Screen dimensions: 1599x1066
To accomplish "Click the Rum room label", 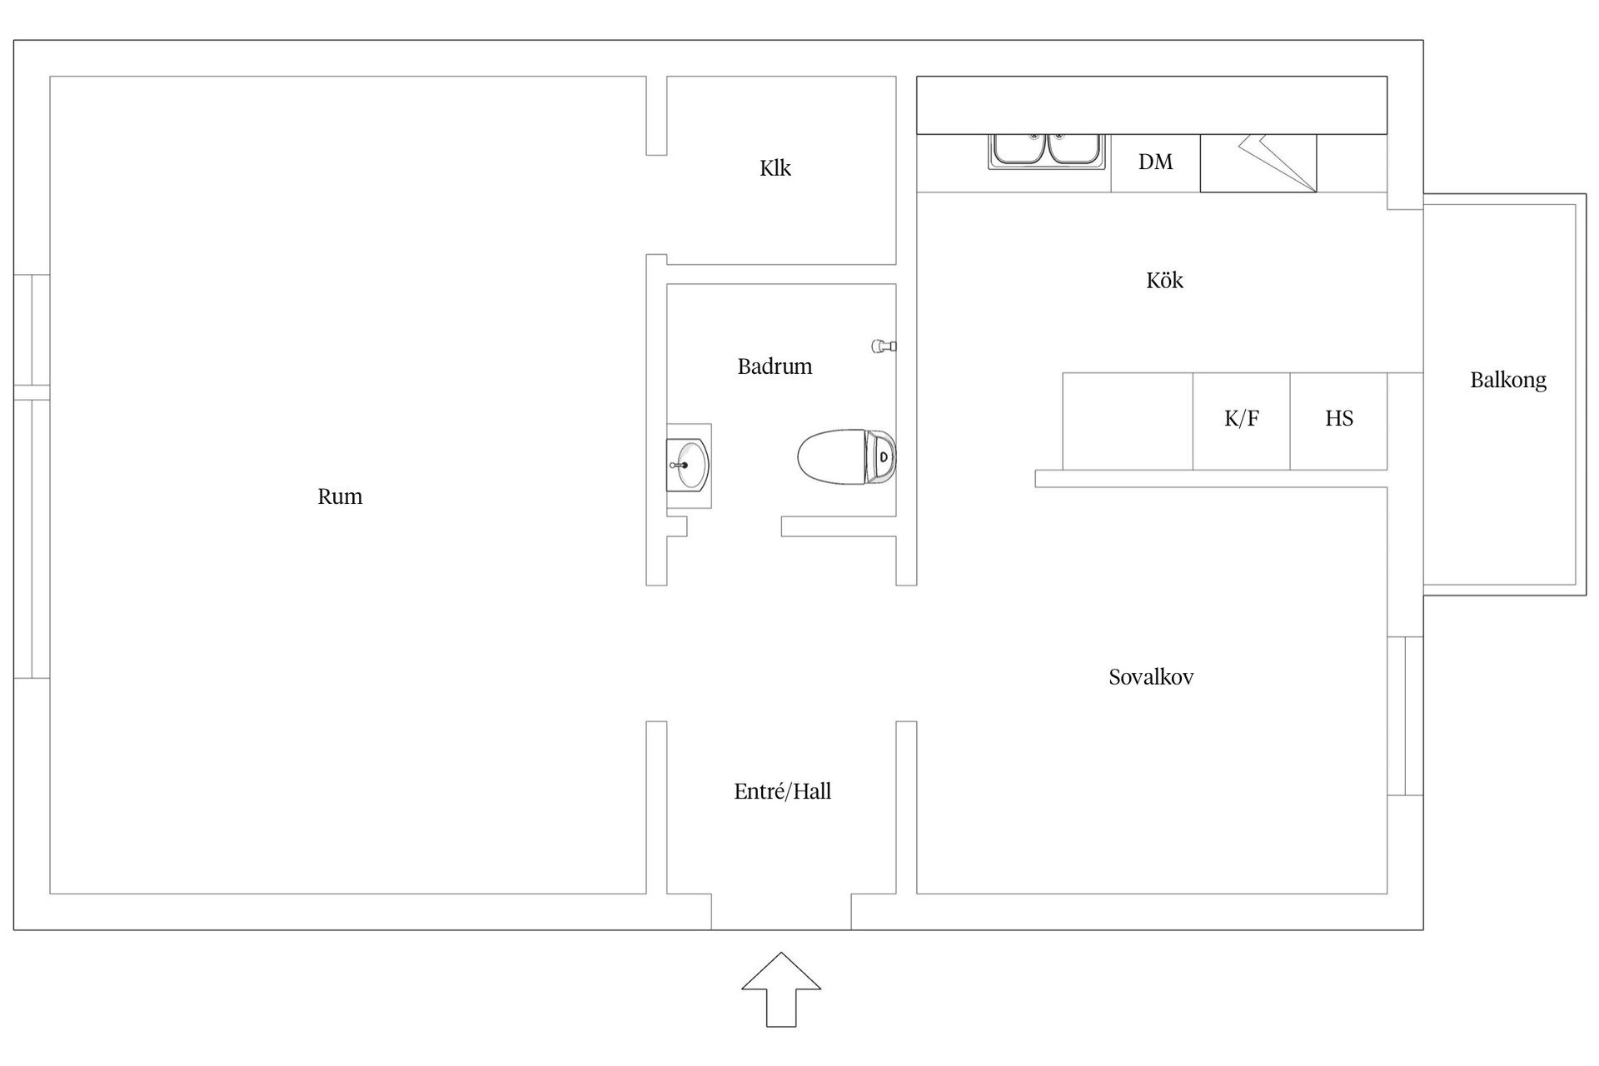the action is (x=340, y=497).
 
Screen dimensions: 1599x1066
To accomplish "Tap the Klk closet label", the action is (x=775, y=168).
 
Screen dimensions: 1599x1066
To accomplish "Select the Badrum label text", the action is (x=775, y=366).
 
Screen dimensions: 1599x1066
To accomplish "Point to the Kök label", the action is (x=1164, y=280).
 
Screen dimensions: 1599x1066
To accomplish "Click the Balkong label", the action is (x=1508, y=381).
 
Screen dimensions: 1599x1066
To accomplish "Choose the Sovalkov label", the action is (x=1151, y=677).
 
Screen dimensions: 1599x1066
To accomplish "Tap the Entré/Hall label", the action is (x=783, y=791).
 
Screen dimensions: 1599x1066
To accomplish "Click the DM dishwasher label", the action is (x=1156, y=162).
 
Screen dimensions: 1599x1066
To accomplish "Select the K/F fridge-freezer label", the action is (x=1242, y=418).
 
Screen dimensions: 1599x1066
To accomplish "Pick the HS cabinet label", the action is (x=1339, y=418).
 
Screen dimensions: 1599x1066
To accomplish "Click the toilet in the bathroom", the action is (x=846, y=456).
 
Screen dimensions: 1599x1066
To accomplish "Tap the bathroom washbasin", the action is (x=689, y=466).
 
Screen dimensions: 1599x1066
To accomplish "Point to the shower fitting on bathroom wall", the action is (x=884, y=346).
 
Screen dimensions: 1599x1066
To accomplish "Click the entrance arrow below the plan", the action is (x=781, y=989).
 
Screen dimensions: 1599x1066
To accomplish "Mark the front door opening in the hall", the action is (x=781, y=912).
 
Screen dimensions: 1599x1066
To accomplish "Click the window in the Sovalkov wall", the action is (x=1405, y=716).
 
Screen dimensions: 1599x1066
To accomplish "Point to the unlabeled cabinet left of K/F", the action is (x=1128, y=421).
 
